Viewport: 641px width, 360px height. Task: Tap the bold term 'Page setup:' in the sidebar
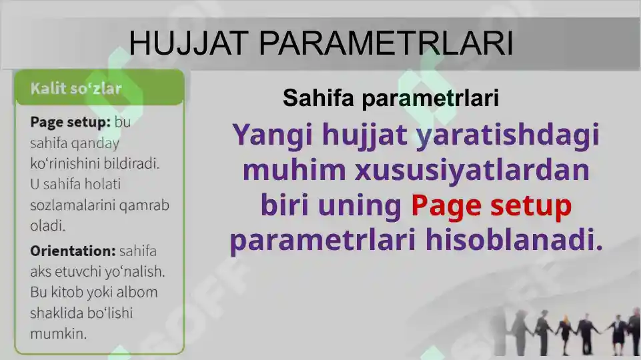click(70, 123)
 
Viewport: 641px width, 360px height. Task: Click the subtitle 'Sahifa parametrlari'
click(391, 99)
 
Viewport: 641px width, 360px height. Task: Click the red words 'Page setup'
click(491, 206)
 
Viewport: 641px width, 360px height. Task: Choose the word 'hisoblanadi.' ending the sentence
click(514, 240)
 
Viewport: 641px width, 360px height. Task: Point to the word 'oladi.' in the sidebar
click(48, 225)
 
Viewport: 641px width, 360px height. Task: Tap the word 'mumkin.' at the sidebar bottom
click(59, 333)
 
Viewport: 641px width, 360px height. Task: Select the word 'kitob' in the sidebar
click(69, 292)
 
